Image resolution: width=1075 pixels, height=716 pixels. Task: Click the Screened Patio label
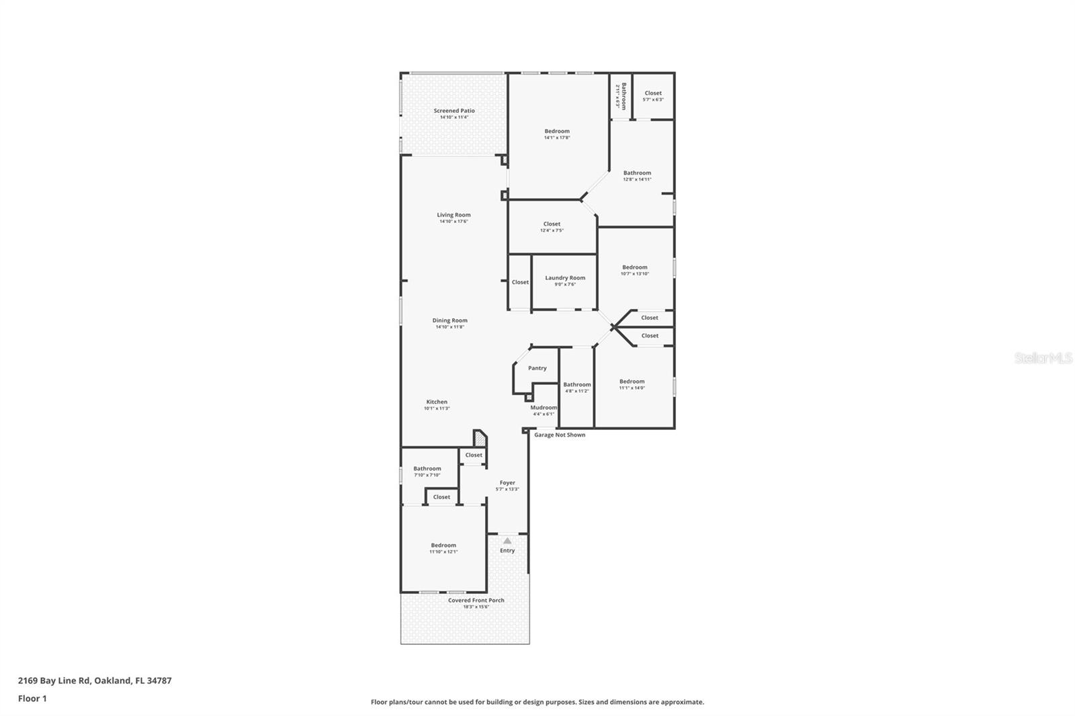coord(454,111)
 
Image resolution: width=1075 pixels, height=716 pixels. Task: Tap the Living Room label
coord(454,215)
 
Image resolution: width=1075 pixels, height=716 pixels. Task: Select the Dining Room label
coord(449,320)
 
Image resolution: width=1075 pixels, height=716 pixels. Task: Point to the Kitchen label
coord(437,402)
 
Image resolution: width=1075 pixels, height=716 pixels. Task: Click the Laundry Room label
coord(565,277)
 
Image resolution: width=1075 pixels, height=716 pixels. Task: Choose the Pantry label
coord(537,368)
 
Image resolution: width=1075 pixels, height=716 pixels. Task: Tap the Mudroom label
coord(544,408)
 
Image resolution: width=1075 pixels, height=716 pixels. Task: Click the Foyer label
coord(507,482)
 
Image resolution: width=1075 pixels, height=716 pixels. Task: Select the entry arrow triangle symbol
coord(507,541)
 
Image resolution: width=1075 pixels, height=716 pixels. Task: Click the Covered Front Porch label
coord(476,600)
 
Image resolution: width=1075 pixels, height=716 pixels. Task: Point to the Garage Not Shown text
coord(560,435)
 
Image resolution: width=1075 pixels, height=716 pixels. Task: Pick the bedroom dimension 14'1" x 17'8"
coord(557,138)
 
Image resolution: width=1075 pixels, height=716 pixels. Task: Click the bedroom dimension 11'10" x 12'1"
coord(443,551)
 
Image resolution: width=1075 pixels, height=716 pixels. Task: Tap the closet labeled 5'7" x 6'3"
coord(653,96)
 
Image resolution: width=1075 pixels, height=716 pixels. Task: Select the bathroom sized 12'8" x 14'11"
coord(637,176)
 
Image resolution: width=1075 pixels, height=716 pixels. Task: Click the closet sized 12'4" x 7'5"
coord(552,227)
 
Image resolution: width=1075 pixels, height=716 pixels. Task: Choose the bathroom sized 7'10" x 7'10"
coord(427,472)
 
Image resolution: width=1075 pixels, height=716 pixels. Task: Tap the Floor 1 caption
coord(32,699)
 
